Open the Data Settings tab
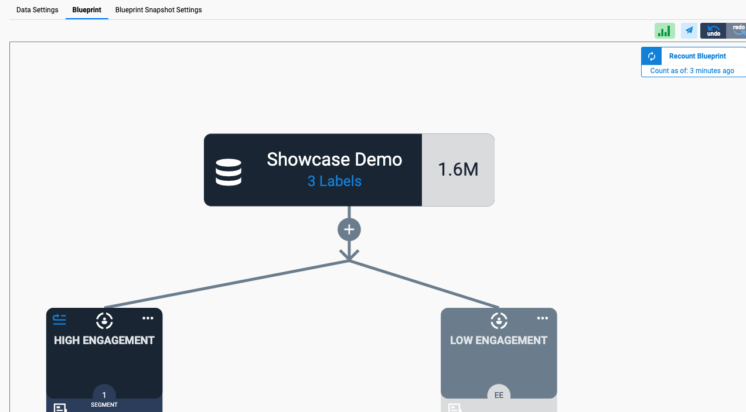point(38,10)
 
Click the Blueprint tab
point(87,10)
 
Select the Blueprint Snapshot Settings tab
point(159,10)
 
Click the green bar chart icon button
point(665,31)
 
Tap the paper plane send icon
point(689,31)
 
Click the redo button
point(737,31)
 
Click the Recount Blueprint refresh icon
point(652,56)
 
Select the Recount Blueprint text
point(697,56)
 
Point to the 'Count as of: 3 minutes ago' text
point(692,71)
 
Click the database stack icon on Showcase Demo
point(229,172)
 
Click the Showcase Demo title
point(335,159)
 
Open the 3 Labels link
point(335,181)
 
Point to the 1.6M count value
point(458,170)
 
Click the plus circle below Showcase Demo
point(349,229)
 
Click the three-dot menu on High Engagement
point(148,318)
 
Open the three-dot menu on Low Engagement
point(543,318)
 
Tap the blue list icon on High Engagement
point(59,320)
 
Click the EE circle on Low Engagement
point(499,394)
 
